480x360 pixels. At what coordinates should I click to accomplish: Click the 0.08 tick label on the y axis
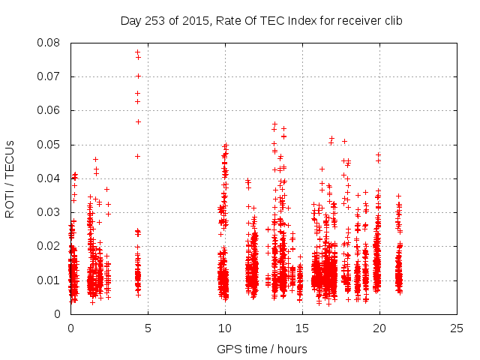point(50,43)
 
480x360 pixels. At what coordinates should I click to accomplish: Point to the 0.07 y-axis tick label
point(50,76)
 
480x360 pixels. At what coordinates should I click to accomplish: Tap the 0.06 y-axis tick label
point(50,110)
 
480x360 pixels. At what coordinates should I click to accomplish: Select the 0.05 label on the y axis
point(50,145)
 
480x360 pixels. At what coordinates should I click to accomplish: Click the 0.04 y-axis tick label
point(50,178)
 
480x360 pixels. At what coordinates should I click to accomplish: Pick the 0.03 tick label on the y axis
point(50,212)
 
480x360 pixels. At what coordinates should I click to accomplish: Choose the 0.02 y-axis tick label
point(50,246)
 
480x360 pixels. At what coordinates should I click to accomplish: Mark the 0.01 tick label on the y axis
point(50,280)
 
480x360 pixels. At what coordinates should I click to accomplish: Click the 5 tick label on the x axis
point(148,328)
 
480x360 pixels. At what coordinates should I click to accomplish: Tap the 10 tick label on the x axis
point(225,328)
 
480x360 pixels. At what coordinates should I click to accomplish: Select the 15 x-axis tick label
point(302,328)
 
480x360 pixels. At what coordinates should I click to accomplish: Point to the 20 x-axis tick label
point(379,328)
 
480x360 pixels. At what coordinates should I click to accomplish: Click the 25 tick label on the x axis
point(457,328)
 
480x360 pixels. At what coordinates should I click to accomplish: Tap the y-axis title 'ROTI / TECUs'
point(10,178)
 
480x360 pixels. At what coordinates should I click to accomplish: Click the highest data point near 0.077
point(137,52)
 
